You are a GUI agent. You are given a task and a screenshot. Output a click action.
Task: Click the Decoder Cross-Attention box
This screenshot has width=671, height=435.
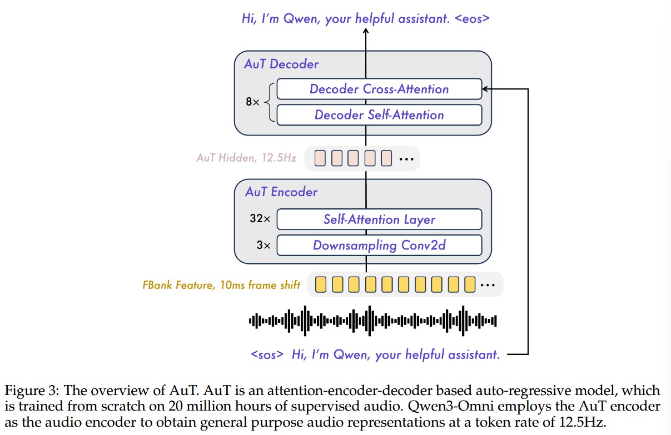pos(379,89)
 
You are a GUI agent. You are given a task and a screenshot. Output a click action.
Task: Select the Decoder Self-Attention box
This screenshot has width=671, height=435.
pos(379,115)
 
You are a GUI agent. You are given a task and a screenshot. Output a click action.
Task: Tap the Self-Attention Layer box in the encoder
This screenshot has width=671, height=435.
pos(379,219)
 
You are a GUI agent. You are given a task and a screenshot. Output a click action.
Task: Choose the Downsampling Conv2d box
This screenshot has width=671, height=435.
pos(379,245)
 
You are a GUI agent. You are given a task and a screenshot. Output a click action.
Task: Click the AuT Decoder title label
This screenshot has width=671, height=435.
pos(281,64)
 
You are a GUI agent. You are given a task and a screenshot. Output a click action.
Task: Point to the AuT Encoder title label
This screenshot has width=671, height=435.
pos(281,192)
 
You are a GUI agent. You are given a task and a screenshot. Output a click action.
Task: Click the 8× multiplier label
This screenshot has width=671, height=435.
pos(252,102)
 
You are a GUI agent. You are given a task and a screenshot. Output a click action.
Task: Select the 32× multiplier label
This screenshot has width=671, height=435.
pos(260,219)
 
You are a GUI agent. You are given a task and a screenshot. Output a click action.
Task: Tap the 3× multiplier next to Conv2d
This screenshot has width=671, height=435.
pos(262,245)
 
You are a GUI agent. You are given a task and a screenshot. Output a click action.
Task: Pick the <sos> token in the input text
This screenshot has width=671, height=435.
pos(267,354)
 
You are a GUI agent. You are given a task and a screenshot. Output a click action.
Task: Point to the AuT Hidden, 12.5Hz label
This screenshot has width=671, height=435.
pos(246,158)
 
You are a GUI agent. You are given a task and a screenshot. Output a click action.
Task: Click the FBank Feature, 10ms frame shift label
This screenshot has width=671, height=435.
pos(221,286)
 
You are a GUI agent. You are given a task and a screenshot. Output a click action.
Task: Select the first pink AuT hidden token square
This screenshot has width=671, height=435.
pos(320,158)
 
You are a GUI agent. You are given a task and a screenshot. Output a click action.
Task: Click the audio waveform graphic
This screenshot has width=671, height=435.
pos(372,321)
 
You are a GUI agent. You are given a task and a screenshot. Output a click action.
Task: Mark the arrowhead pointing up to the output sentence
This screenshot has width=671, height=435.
pos(366,32)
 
